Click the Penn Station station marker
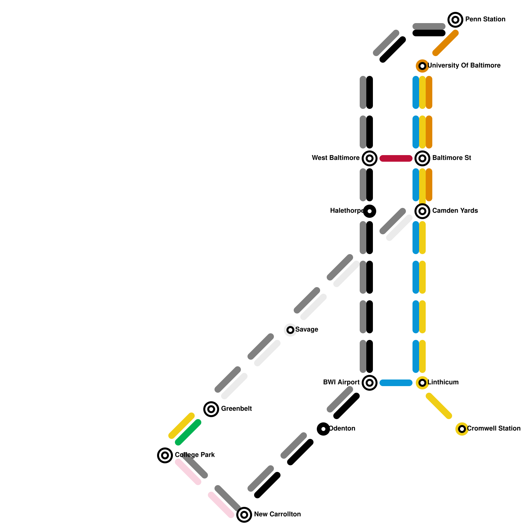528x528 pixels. [x=455, y=20]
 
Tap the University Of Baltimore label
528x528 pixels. [x=464, y=66]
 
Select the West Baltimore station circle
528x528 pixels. [x=370, y=158]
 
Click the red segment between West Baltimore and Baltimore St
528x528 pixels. [x=396, y=158]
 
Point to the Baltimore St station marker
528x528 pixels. [x=422, y=158]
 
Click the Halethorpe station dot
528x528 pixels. [x=370, y=211]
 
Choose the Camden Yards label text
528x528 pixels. [x=455, y=211]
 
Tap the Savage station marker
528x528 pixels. [x=290, y=330]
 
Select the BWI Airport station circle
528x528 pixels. [x=370, y=383]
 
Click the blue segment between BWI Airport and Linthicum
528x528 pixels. [x=396, y=383]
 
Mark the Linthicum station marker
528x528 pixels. [x=422, y=383]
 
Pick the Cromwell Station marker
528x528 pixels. [x=462, y=429]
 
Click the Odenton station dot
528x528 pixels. [x=323, y=429]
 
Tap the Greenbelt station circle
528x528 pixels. [x=211, y=409]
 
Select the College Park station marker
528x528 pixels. [x=165, y=455]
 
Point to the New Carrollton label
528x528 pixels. [x=277, y=514]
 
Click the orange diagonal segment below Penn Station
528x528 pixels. [x=445, y=43]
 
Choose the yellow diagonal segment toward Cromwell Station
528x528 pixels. [x=439, y=406]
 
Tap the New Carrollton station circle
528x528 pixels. [x=244, y=515]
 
